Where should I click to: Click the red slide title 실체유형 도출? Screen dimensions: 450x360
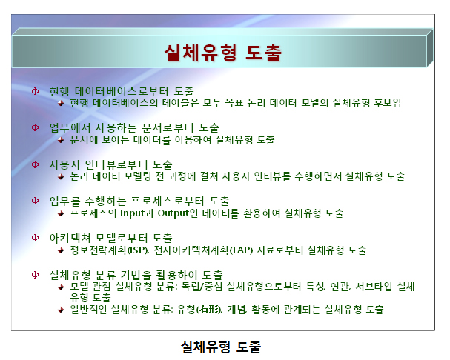(x=223, y=53)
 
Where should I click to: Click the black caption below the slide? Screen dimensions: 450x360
(x=221, y=347)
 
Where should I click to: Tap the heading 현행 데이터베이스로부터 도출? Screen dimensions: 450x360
(x=122, y=92)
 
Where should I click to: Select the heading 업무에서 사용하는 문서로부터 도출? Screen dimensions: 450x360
(x=134, y=128)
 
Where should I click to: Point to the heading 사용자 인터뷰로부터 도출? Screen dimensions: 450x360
(x=110, y=164)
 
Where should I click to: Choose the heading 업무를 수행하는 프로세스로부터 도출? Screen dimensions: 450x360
(x=139, y=201)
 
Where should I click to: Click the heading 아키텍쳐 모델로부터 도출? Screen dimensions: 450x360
(x=110, y=238)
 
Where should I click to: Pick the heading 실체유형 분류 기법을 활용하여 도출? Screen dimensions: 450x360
(x=136, y=275)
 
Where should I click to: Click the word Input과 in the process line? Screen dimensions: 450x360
(x=136, y=213)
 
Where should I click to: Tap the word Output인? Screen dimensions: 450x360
(x=178, y=213)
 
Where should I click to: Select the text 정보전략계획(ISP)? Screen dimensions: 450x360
(x=109, y=250)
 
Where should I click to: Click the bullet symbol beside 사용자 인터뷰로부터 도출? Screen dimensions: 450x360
(x=35, y=164)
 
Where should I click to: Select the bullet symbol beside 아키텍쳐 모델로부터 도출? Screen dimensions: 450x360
(x=35, y=238)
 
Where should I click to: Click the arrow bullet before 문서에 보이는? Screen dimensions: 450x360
(x=61, y=140)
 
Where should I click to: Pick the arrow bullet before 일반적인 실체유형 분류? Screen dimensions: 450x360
(x=61, y=310)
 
